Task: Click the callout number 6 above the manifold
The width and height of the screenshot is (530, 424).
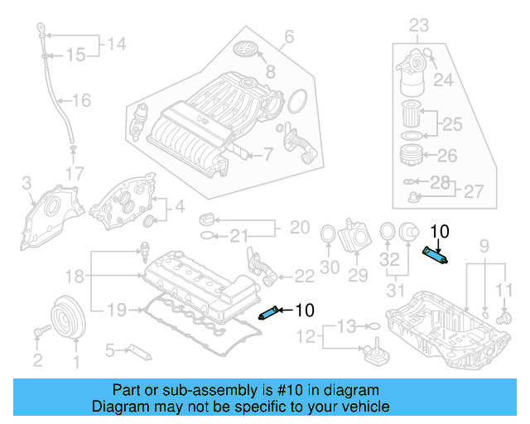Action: (289, 36)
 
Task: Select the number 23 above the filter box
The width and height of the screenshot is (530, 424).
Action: (420, 25)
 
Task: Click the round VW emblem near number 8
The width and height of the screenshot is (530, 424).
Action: (247, 50)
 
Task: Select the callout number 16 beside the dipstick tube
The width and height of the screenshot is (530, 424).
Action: (80, 101)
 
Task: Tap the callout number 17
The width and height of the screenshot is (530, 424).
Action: (75, 174)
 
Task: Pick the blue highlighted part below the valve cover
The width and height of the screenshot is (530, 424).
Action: (270, 312)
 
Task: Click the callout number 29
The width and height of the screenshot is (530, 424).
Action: (358, 274)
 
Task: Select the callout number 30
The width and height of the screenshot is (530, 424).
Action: (330, 267)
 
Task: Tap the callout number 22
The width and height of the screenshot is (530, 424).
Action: (304, 274)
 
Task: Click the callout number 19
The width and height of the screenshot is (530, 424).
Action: (116, 310)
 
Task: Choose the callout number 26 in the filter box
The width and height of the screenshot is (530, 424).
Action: (446, 155)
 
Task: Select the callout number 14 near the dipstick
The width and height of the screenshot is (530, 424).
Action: (117, 44)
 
